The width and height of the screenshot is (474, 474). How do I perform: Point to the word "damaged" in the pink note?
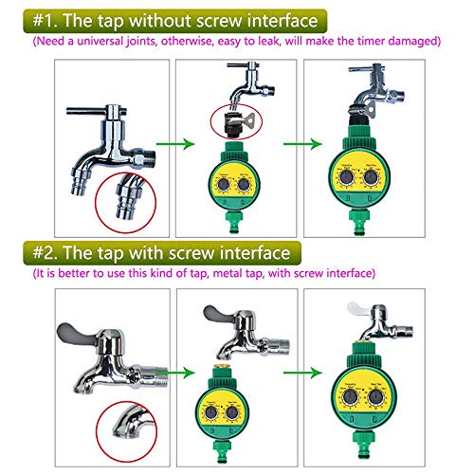pos(413,42)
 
